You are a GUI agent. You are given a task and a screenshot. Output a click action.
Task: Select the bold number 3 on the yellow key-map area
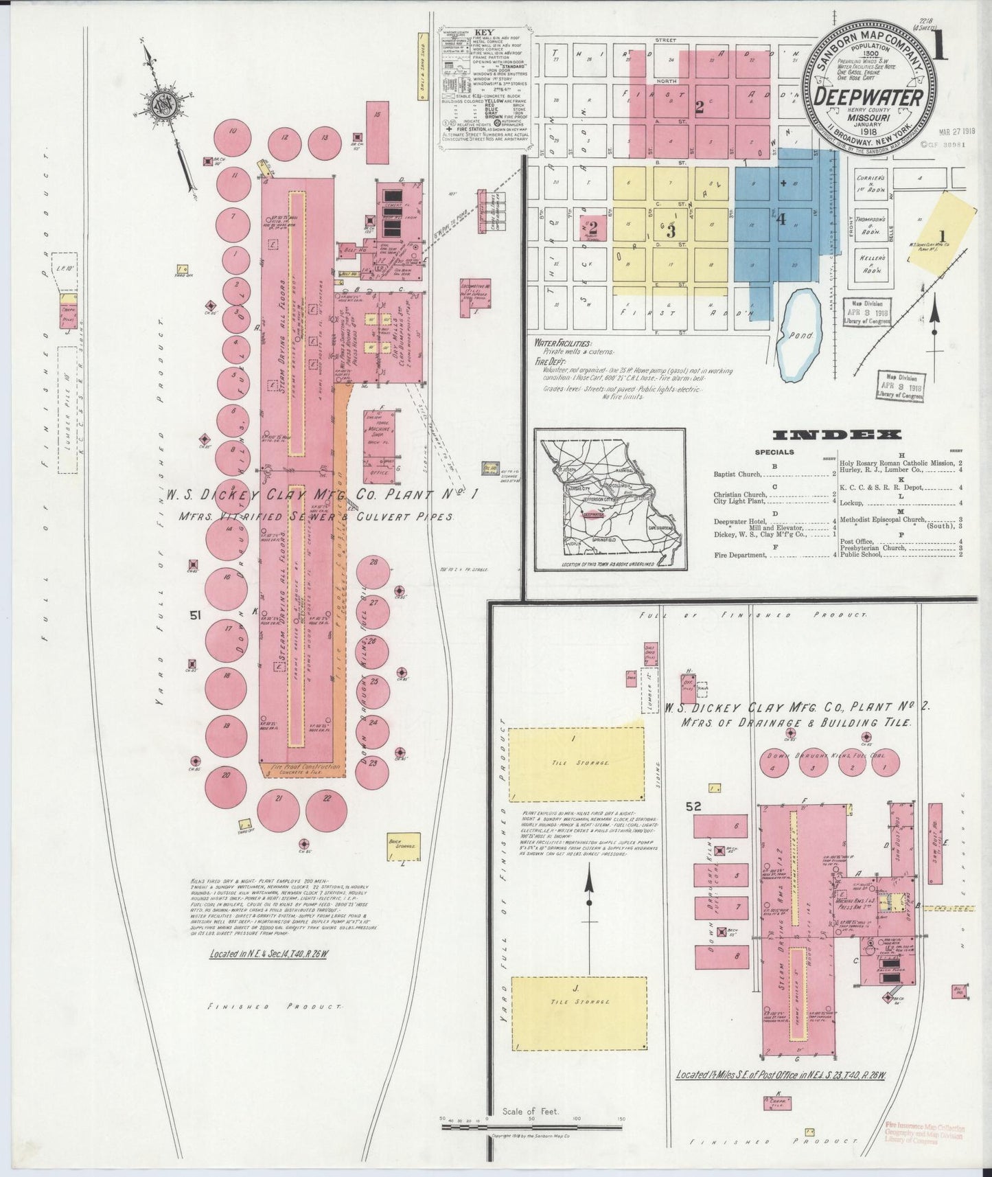pos(670,231)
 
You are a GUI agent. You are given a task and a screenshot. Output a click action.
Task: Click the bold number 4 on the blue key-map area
pos(780,220)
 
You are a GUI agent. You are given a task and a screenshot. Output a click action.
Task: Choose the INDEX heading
pos(836,435)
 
